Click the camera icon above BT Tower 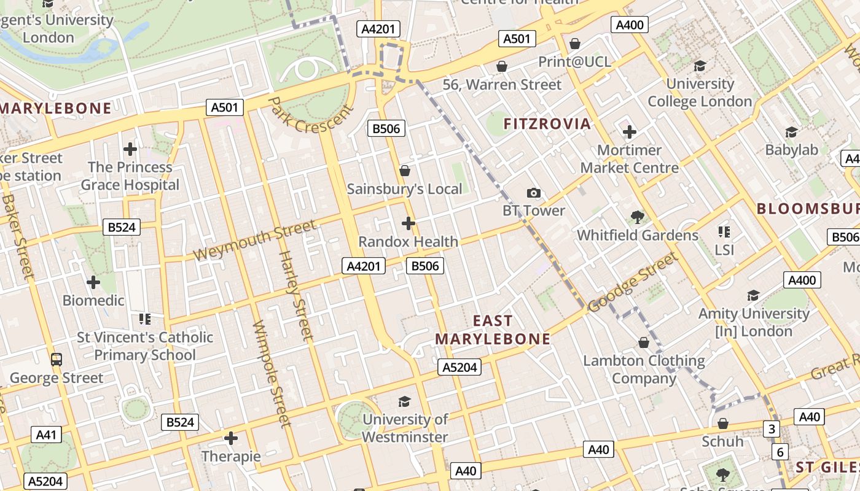534,193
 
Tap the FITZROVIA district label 547,124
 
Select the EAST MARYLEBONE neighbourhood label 493,330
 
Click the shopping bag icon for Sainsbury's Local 404,171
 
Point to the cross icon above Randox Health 408,223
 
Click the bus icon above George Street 57,359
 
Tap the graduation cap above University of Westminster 404,401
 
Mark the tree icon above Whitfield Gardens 637,217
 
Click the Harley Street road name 296,295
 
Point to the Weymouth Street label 255,240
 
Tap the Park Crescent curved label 311,115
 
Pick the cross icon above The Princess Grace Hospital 130,149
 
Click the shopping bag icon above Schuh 723,423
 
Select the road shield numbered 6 780,452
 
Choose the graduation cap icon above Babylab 791,132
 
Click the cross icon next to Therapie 231,438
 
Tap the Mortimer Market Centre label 630,158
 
